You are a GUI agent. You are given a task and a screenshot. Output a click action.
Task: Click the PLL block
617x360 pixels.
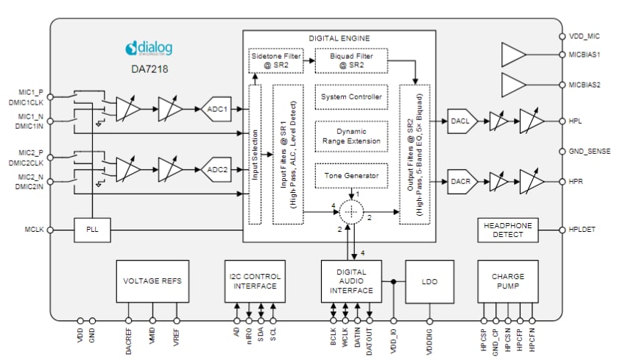click(91, 230)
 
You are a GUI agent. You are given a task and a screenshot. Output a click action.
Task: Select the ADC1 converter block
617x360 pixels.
click(216, 108)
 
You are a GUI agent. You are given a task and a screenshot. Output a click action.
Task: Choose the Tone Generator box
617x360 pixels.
click(351, 175)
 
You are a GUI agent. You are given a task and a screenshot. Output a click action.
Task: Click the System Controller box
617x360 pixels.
click(351, 97)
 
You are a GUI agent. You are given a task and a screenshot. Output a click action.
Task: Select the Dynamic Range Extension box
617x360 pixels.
click(351, 135)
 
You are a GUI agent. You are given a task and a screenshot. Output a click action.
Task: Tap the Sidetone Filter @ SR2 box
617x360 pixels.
click(275, 60)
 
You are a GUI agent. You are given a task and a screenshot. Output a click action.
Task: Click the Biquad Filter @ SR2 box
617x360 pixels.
click(351, 60)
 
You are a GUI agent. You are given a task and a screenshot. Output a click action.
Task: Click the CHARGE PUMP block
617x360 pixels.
click(509, 280)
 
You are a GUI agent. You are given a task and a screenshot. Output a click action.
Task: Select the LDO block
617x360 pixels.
click(429, 281)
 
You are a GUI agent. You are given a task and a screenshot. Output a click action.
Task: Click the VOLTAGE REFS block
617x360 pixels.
click(152, 280)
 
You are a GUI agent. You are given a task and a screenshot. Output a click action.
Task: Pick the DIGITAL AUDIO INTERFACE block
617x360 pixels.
click(351, 280)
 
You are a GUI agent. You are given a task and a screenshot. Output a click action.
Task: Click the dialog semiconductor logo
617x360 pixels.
click(149, 49)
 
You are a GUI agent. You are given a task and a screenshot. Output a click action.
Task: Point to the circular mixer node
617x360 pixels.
click(351, 211)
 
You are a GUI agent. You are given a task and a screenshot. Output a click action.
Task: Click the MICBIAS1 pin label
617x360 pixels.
click(586, 55)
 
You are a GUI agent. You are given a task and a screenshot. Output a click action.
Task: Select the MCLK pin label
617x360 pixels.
click(32, 230)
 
